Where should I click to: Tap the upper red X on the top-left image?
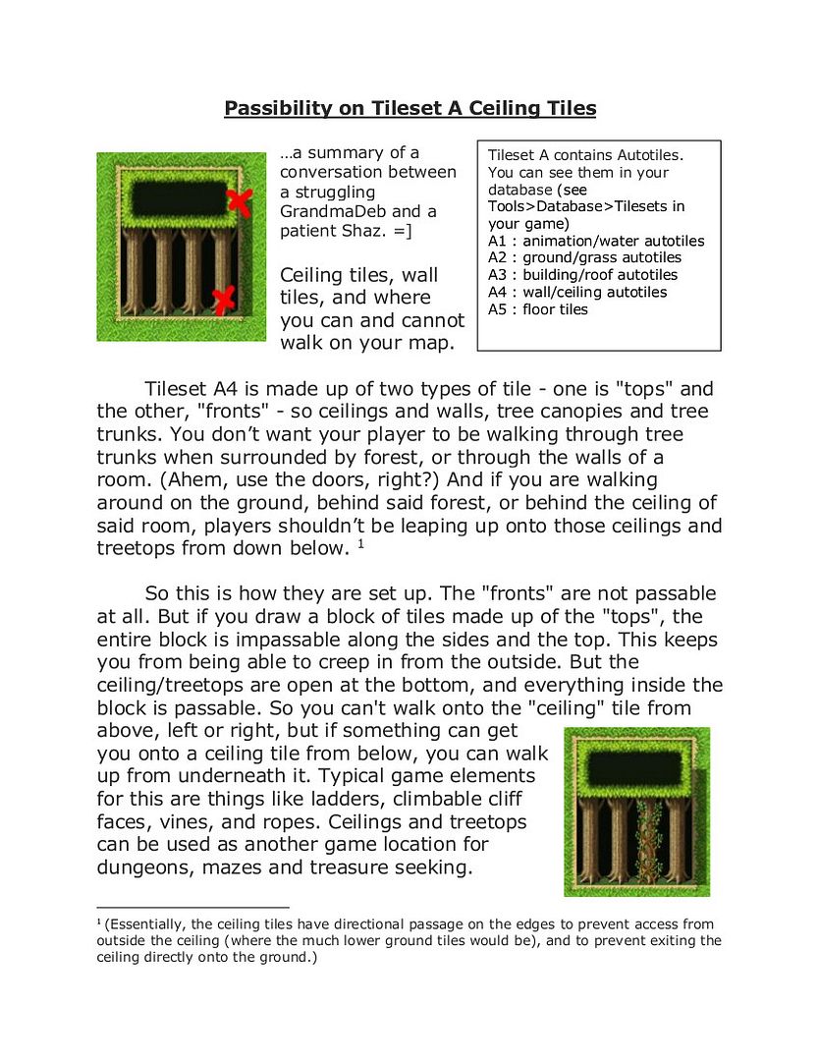pos(239,202)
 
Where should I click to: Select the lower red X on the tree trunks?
pos(225,299)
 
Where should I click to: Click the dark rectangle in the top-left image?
pos(179,200)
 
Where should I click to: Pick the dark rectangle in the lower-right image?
pos(636,765)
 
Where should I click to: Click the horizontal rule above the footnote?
pos(192,908)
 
